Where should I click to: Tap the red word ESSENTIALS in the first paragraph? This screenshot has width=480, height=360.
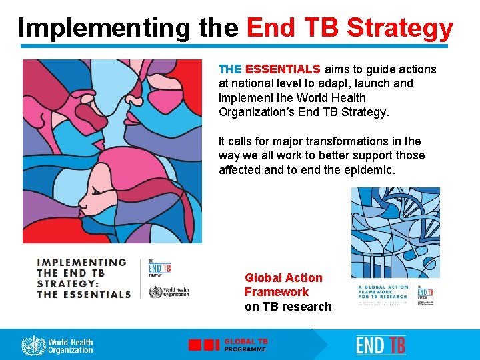coord(283,69)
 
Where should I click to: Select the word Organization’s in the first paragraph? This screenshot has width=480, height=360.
coord(257,112)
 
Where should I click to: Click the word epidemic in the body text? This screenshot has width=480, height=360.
coord(369,170)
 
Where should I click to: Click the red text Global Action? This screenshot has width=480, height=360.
coord(283,278)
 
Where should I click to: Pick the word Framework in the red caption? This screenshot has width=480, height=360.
coord(277,292)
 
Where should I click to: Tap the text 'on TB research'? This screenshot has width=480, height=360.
coord(288,307)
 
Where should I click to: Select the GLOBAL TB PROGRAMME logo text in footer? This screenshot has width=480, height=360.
coord(245,345)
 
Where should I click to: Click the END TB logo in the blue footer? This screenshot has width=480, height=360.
coord(380,345)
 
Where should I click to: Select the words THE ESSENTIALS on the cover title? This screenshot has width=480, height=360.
coord(83,294)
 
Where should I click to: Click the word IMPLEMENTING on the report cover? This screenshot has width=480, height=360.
coord(81,262)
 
